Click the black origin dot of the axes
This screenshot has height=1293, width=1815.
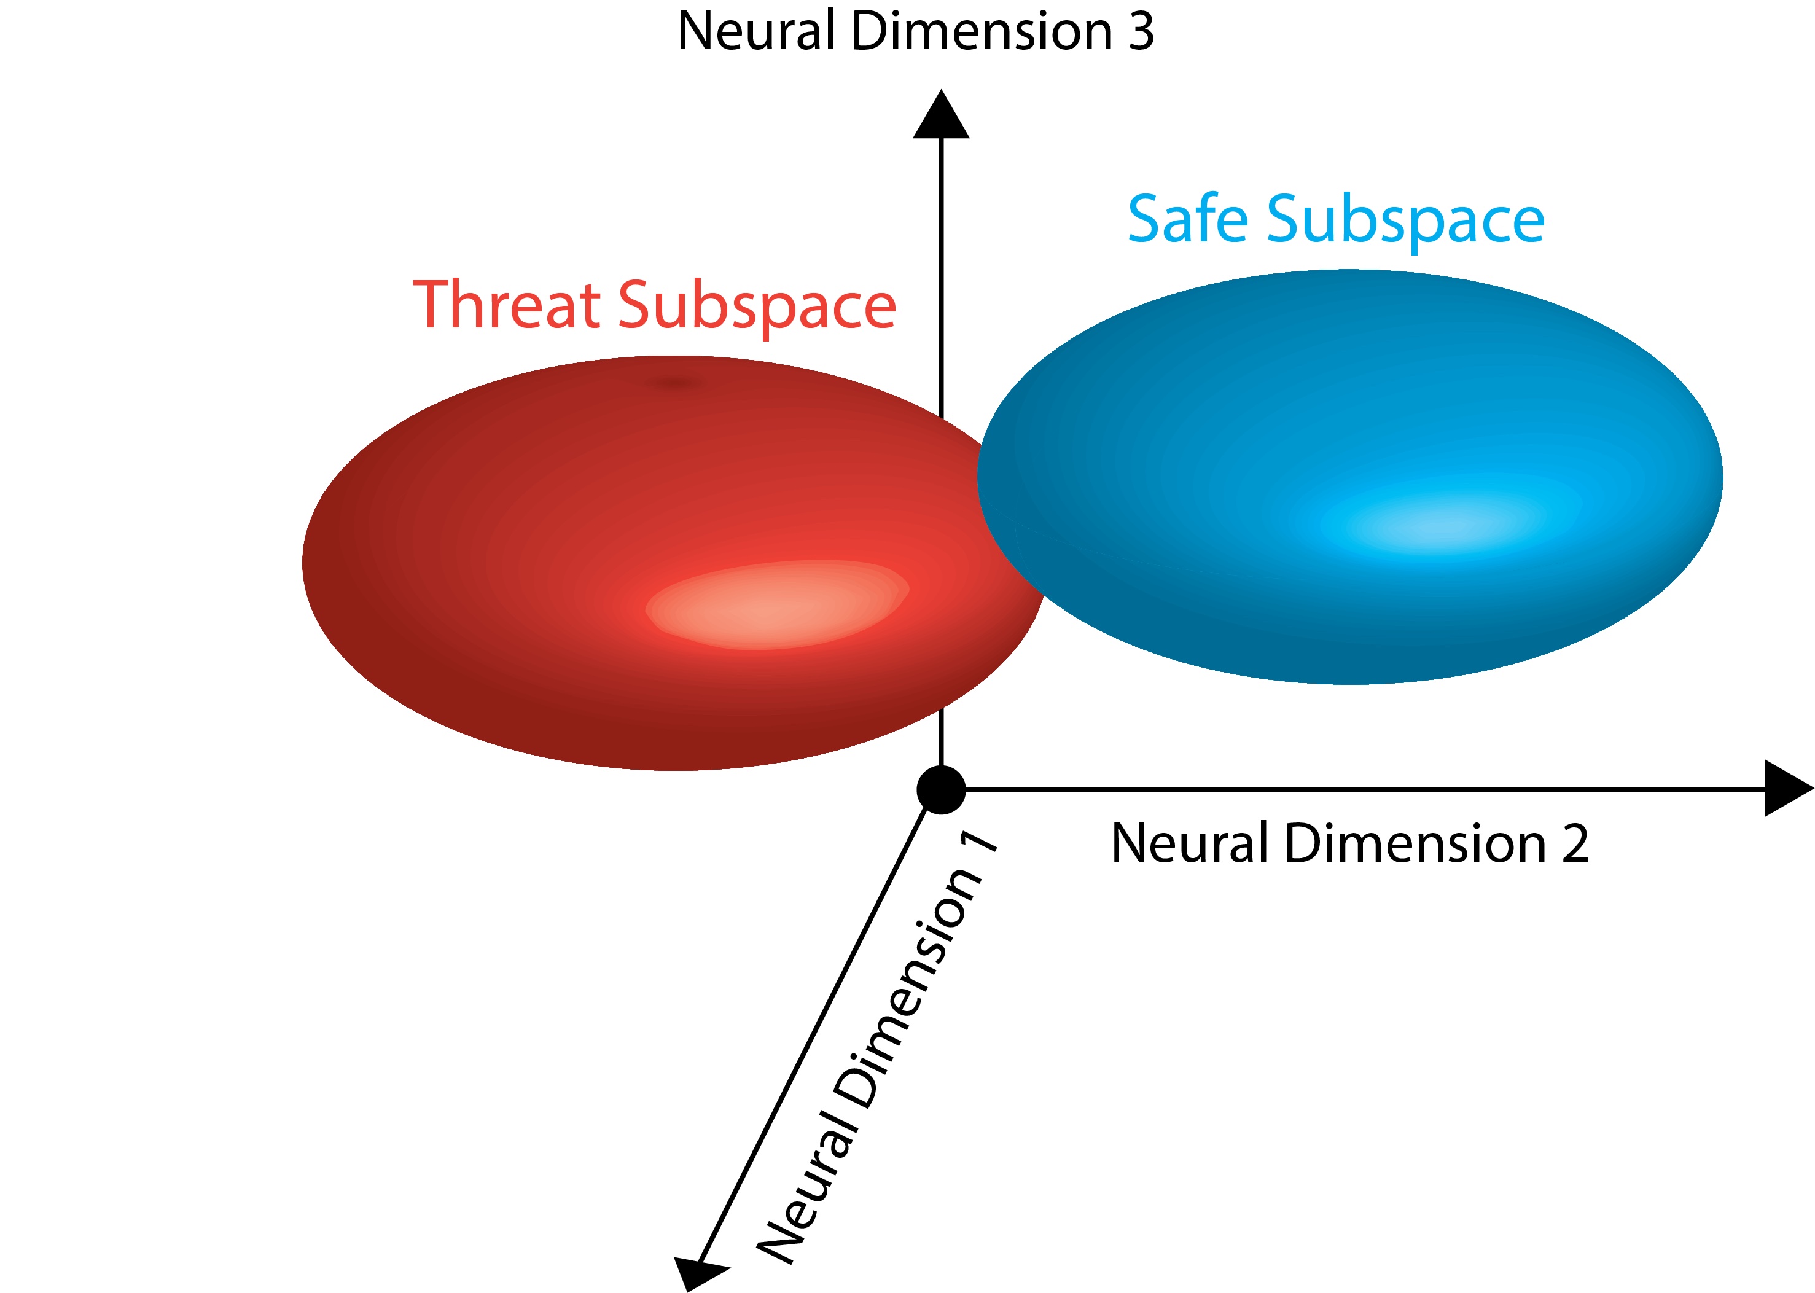[x=941, y=790]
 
